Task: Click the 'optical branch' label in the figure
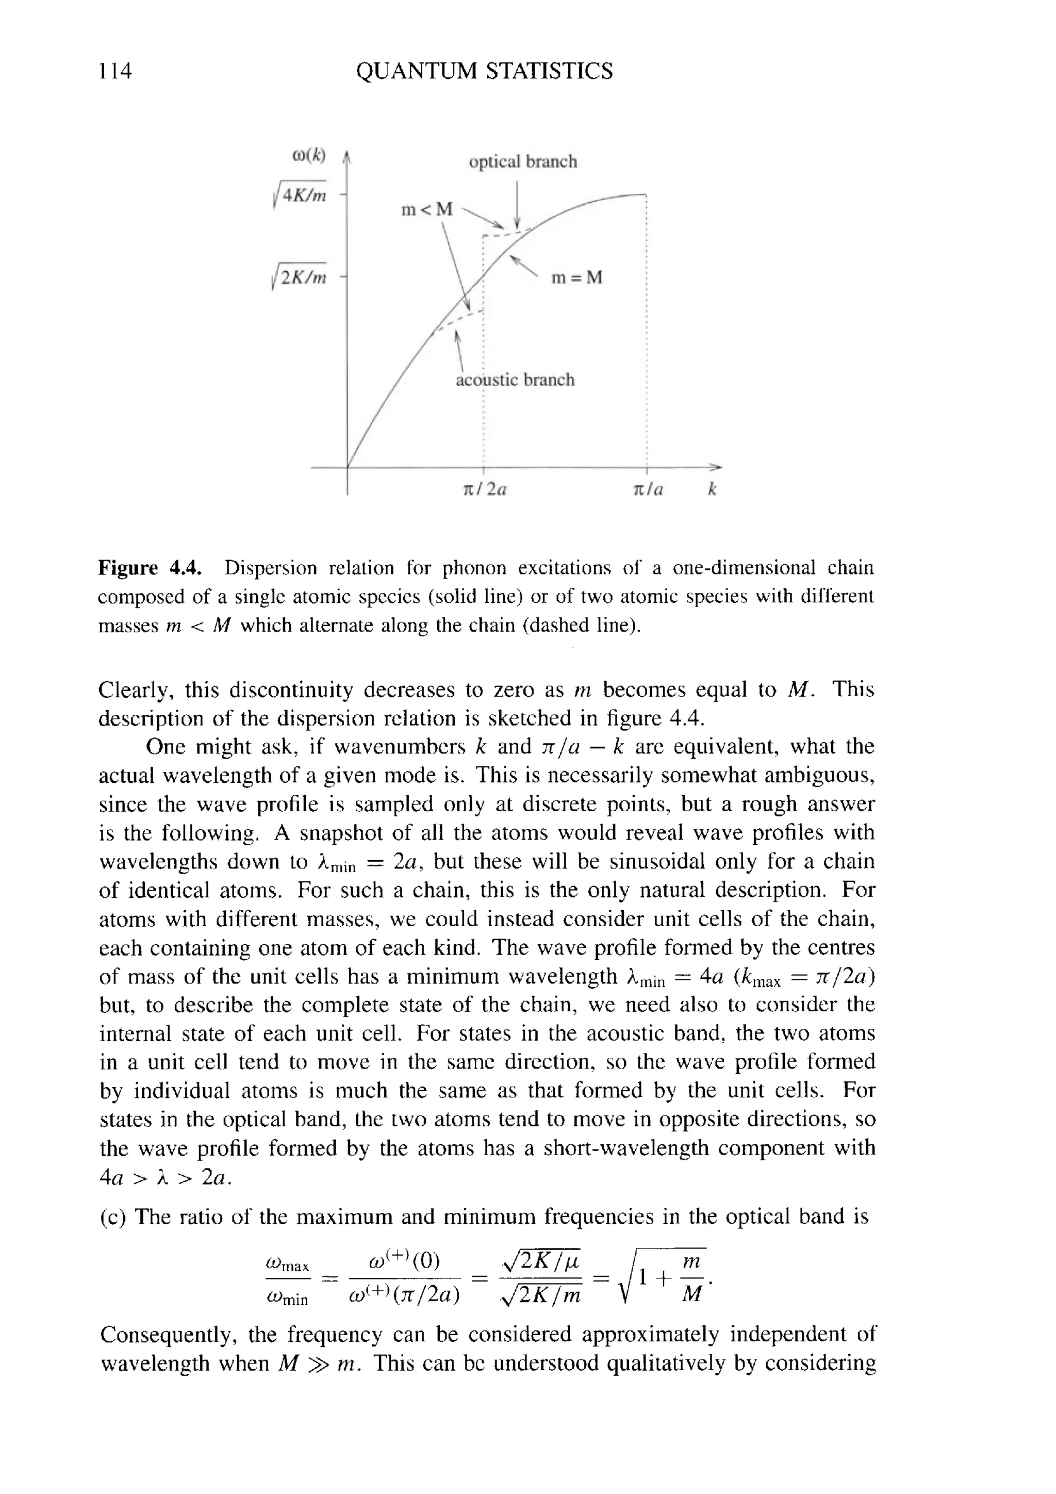coord(522,161)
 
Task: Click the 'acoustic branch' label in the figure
coord(515,380)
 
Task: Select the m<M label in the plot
coord(427,209)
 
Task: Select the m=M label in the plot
coord(576,278)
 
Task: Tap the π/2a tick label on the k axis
coord(484,490)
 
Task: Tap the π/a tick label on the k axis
coord(648,490)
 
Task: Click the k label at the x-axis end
coord(712,489)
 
